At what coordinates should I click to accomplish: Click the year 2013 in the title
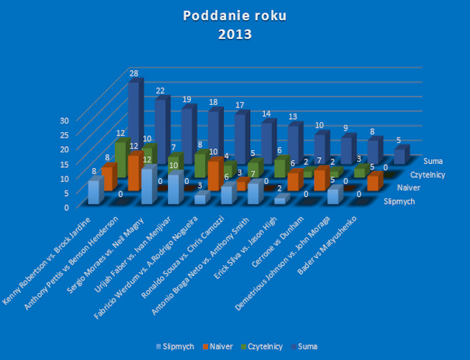coord(235,33)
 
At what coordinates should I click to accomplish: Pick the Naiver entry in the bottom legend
coord(224,346)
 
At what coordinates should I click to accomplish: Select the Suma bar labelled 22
coord(162,124)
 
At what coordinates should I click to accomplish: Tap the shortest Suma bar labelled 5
coord(400,156)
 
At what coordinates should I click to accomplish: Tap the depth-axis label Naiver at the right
coord(420,188)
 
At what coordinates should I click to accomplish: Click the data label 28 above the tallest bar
coord(134,73)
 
